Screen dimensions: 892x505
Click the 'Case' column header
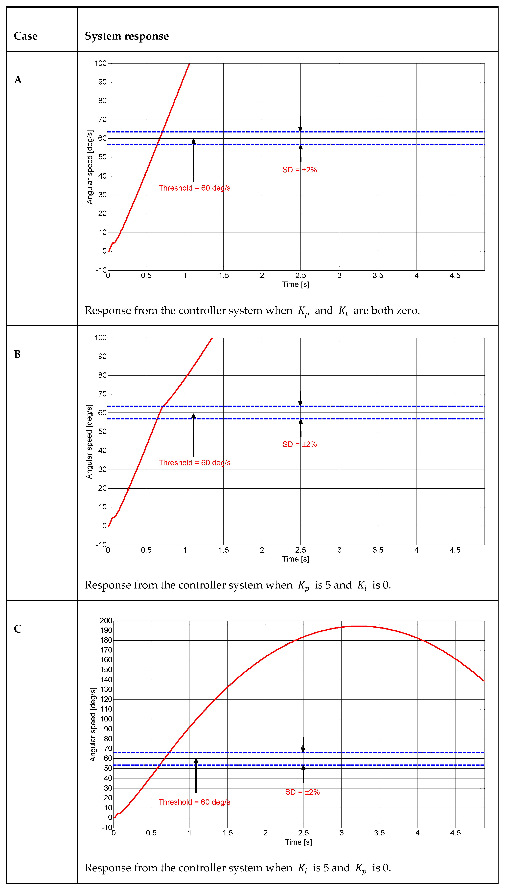pyautogui.click(x=26, y=36)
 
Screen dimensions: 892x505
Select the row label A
pyautogui.click(x=18, y=80)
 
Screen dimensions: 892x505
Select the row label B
pyautogui.click(x=17, y=354)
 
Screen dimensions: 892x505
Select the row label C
pyautogui.click(x=18, y=629)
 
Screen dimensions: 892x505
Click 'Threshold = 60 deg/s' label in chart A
pyautogui.click(x=195, y=188)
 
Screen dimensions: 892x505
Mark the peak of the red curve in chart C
pyautogui.click(x=361, y=626)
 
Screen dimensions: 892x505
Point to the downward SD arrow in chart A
pyautogui.click(x=300, y=124)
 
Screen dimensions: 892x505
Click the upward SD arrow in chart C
pyautogui.click(x=303, y=774)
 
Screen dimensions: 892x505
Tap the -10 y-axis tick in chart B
pyautogui.click(x=101, y=545)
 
